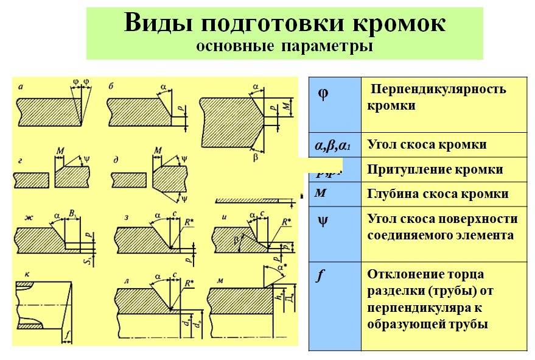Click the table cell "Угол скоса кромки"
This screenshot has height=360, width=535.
(x=427, y=145)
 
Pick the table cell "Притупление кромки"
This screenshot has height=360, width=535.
(x=435, y=169)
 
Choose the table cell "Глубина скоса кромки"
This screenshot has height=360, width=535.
(x=438, y=194)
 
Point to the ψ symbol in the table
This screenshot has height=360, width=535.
(x=323, y=219)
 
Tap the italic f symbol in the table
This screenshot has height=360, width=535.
(x=318, y=275)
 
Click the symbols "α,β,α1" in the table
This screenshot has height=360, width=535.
(x=332, y=146)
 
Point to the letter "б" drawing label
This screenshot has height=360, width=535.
(x=111, y=86)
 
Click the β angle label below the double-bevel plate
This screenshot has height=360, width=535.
(x=255, y=157)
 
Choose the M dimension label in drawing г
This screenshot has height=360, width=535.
(x=59, y=150)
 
